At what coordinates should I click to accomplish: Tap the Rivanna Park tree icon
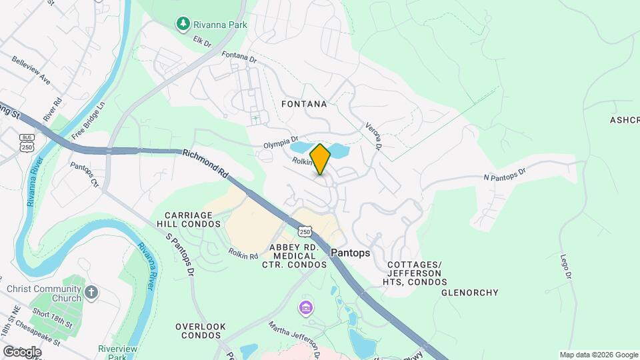click(x=182, y=25)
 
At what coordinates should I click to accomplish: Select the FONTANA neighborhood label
click(x=304, y=104)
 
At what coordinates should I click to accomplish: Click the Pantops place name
click(x=350, y=253)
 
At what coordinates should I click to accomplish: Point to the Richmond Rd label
click(x=205, y=163)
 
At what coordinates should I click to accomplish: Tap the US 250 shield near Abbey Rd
click(x=305, y=231)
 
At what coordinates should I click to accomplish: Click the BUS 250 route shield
click(x=27, y=142)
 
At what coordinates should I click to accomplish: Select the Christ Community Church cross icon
click(x=92, y=292)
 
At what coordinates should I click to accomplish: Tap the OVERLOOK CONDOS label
click(x=201, y=331)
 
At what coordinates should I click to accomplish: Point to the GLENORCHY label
click(x=470, y=293)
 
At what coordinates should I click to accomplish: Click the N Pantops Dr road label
click(x=505, y=174)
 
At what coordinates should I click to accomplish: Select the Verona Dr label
click(x=373, y=135)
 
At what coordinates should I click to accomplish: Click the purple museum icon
click(x=305, y=308)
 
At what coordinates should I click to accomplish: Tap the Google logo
click(x=22, y=351)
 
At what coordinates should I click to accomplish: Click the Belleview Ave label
click(x=31, y=69)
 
